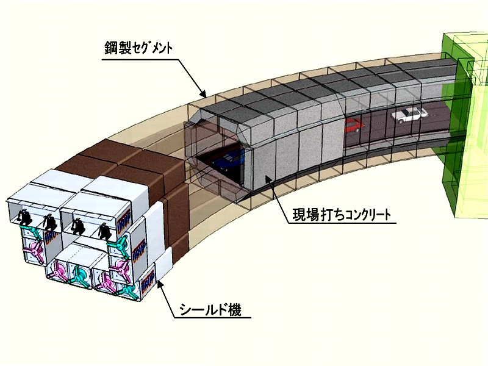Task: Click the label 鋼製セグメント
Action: (x=138, y=48)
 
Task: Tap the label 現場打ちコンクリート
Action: (x=341, y=215)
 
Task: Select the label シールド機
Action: (x=210, y=309)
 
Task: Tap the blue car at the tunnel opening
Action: (x=230, y=159)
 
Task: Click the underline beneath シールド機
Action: (x=212, y=318)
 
